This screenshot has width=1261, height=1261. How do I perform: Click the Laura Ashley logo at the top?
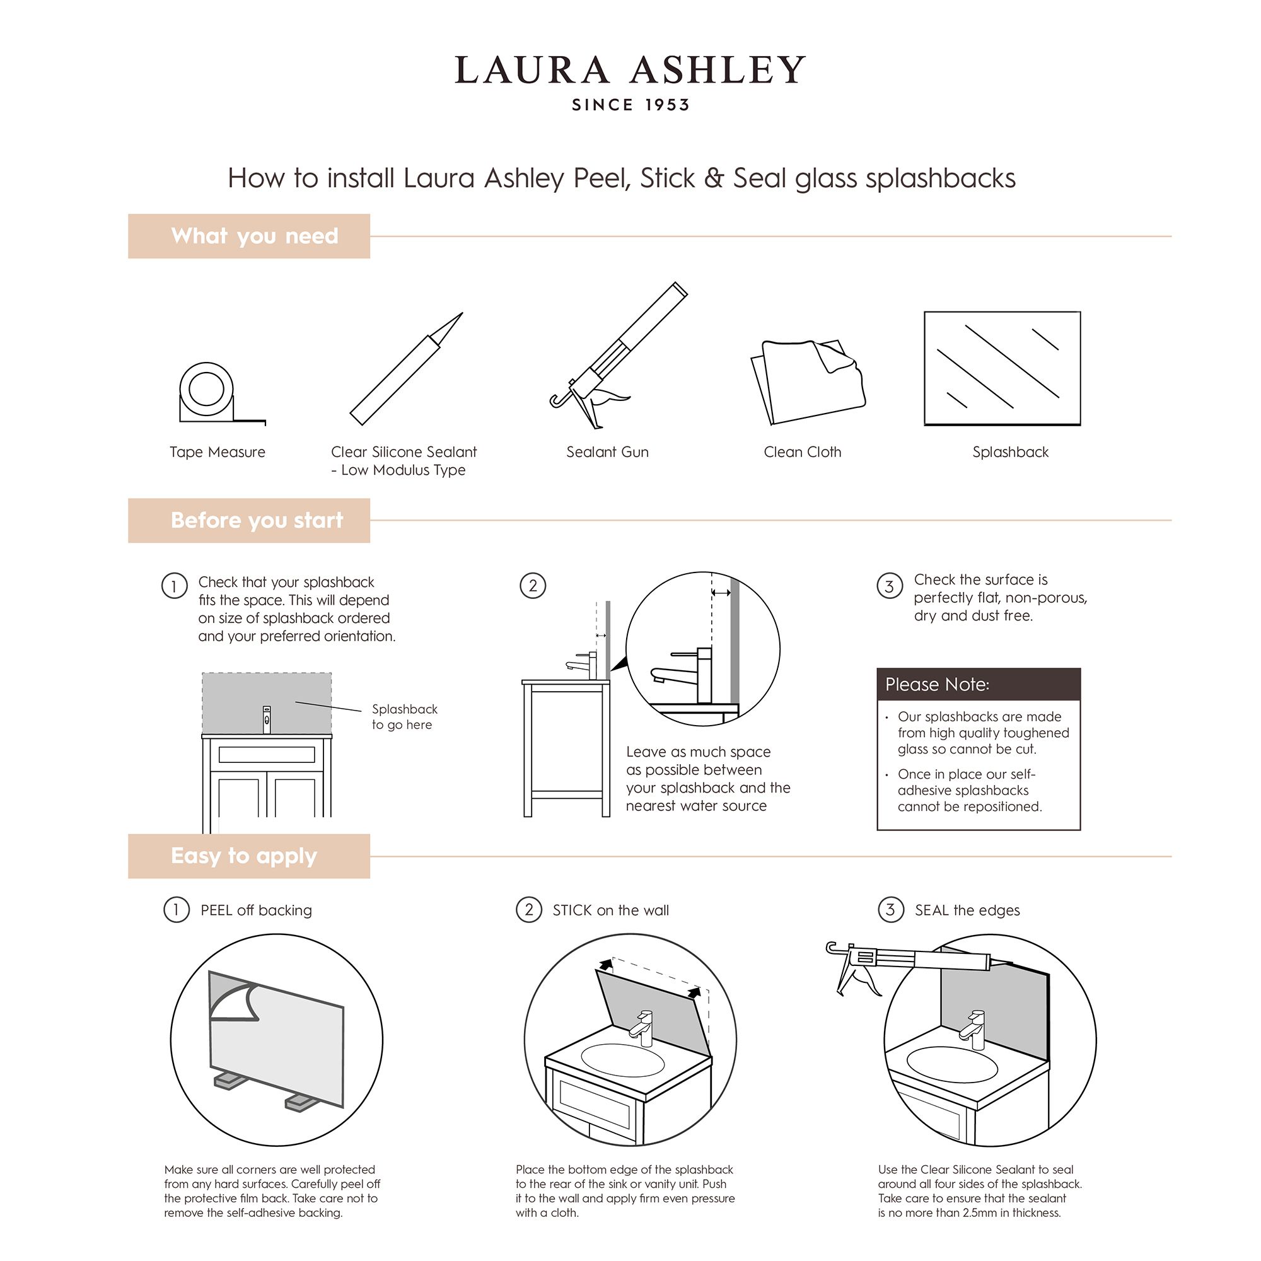(630, 71)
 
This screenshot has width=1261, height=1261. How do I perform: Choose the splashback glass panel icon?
(1002, 369)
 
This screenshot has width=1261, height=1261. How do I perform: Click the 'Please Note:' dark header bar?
(979, 684)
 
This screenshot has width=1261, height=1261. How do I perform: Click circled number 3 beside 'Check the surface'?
(889, 586)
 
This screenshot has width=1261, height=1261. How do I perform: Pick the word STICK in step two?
(572, 910)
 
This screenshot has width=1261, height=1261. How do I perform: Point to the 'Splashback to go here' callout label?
(404, 716)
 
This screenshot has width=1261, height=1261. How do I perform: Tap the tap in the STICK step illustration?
(642, 1026)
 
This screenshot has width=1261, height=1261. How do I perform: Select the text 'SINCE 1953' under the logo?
(630, 105)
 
